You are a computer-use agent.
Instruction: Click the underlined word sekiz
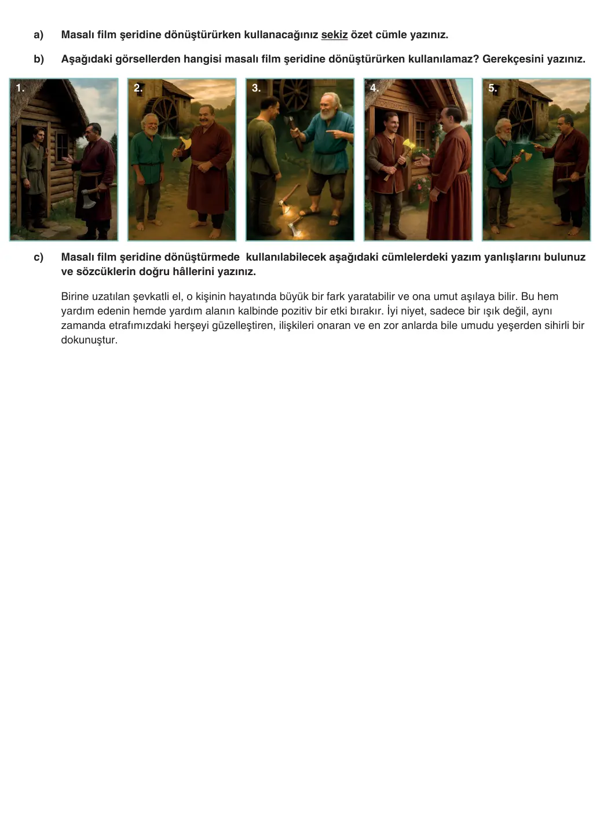click(334, 35)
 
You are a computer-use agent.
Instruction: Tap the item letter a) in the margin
click(38, 35)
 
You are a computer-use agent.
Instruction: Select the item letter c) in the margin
click(38, 257)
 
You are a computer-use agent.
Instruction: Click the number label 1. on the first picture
click(20, 88)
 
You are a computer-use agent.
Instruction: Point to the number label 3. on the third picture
click(256, 88)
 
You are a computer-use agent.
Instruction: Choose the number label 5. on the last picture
click(492, 88)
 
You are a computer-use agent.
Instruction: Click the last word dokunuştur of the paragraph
click(89, 340)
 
